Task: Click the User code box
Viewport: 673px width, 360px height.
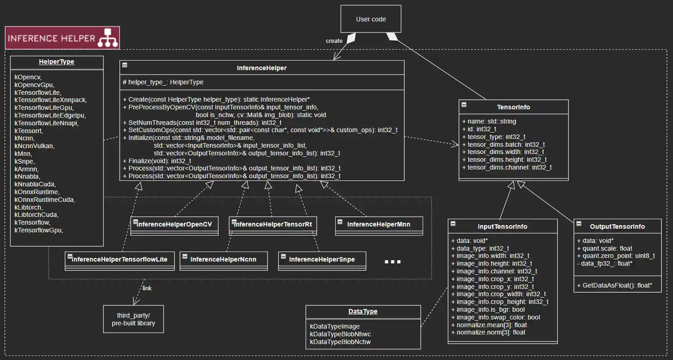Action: coord(371,19)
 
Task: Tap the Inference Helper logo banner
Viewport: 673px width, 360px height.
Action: coord(62,38)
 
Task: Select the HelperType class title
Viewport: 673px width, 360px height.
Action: coord(57,62)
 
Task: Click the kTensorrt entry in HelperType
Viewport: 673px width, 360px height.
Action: coord(29,130)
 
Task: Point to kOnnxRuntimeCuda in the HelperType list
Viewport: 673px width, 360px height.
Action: coord(45,200)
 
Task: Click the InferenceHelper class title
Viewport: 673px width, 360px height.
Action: coord(262,68)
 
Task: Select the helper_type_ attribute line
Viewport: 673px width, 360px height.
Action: coord(163,82)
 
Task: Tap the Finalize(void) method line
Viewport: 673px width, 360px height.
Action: coord(157,161)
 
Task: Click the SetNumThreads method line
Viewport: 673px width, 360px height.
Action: coord(202,123)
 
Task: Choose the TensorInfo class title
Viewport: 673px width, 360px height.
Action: coord(513,107)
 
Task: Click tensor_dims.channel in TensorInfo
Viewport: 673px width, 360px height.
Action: coord(507,167)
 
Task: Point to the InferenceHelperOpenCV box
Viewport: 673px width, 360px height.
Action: coord(175,224)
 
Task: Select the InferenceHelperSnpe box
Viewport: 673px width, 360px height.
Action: coord(322,259)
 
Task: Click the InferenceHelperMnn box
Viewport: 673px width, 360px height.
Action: coord(378,224)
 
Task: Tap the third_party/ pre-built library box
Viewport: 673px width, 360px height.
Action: coord(133,319)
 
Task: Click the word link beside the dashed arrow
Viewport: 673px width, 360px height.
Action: coord(147,288)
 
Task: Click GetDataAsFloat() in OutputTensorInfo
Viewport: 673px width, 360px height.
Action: coord(614,286)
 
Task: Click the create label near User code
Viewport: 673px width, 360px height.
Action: coord(334,41)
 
